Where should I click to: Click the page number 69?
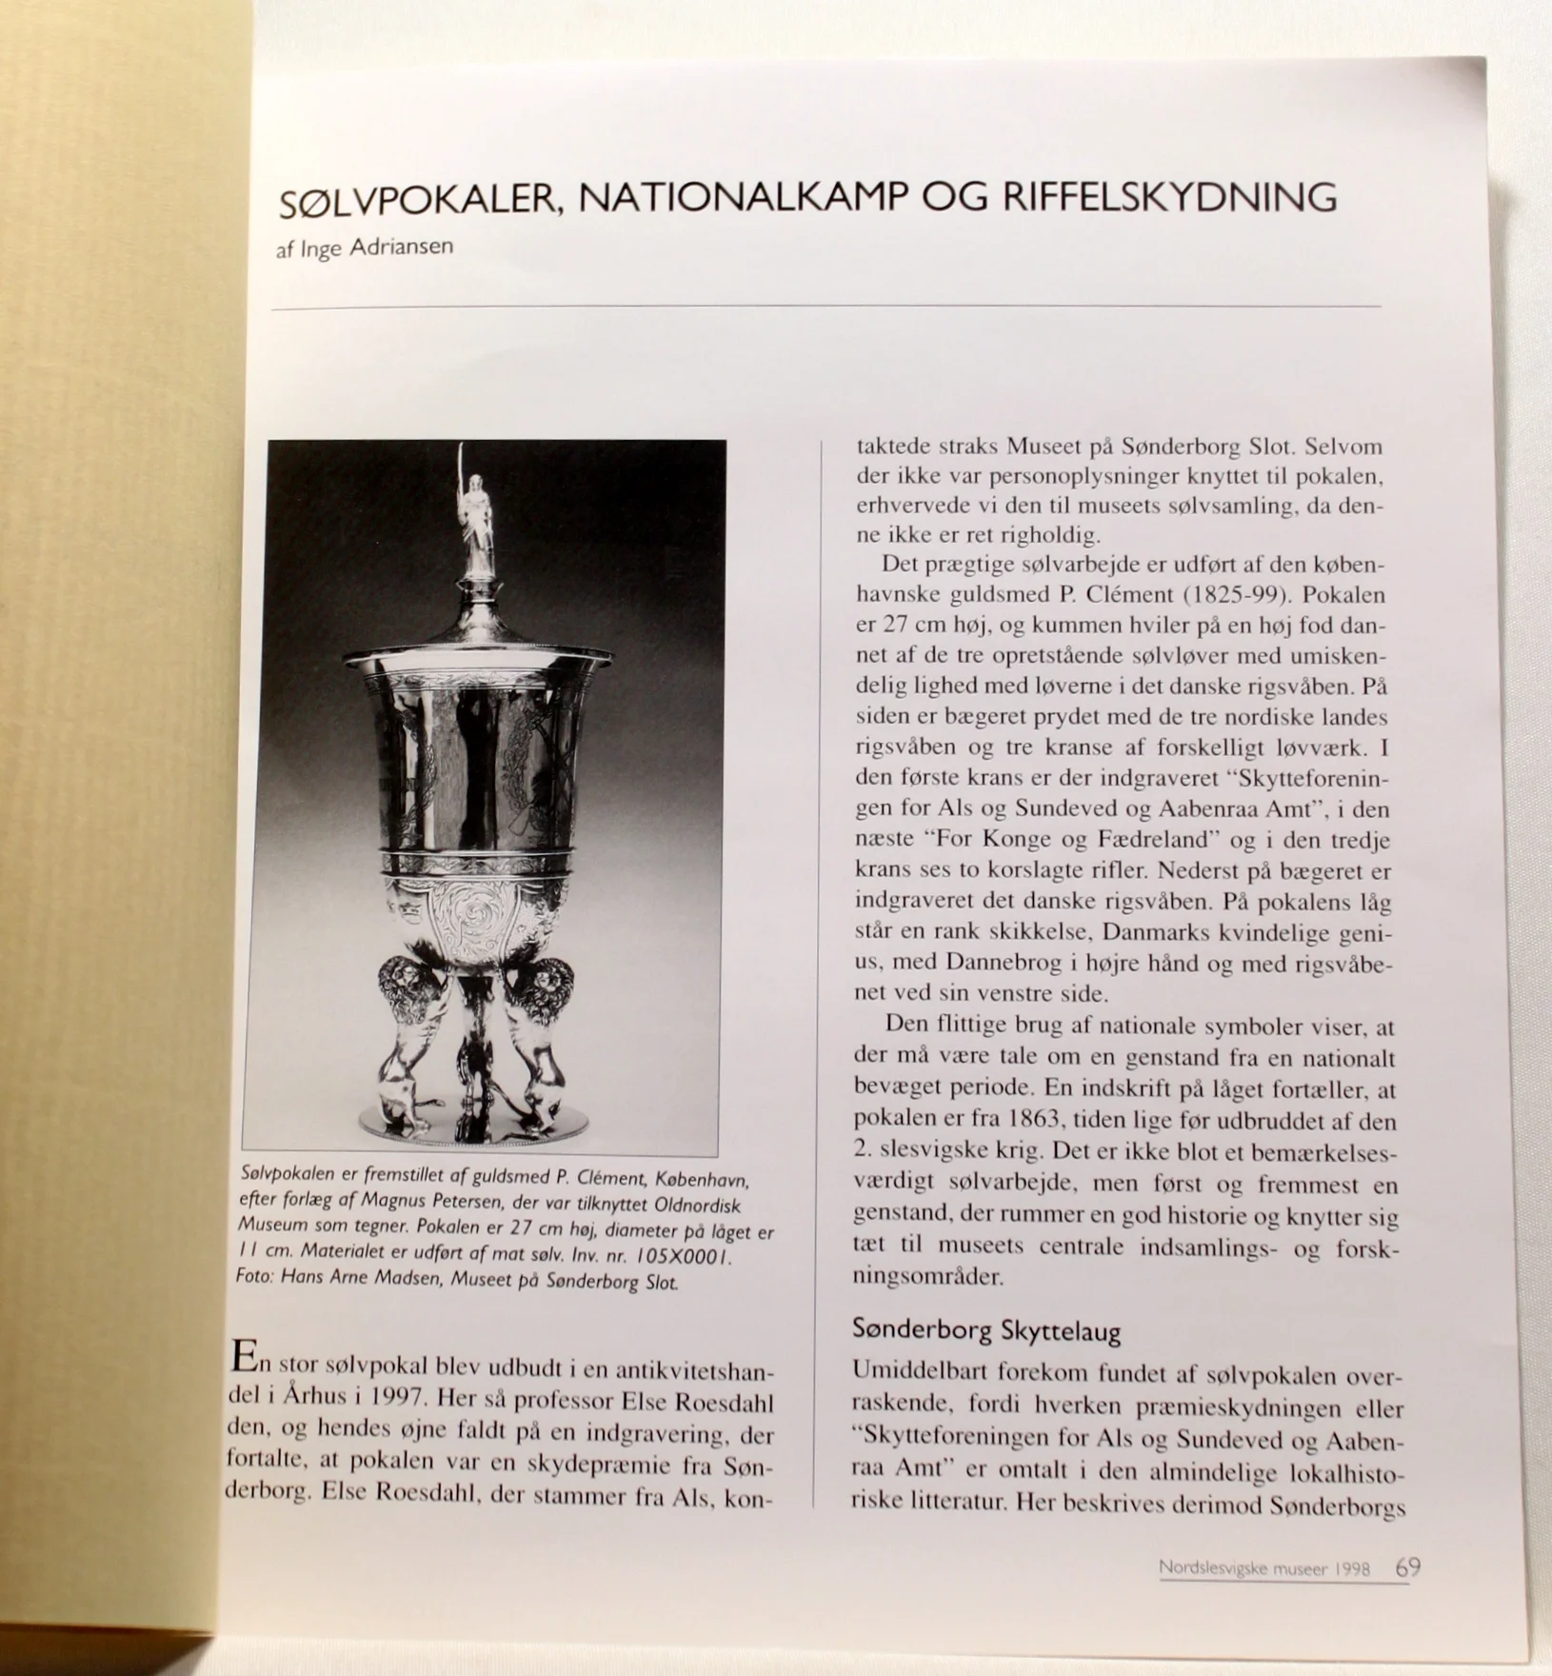click(1409, 1566)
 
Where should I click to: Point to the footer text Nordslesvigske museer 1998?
click(1264, 1567)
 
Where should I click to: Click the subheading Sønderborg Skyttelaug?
click(985, 1329)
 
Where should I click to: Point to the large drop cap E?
click(243, 1357)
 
